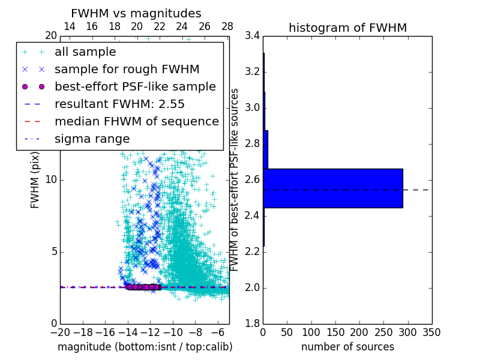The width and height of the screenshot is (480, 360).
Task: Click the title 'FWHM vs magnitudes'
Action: pos(136,13)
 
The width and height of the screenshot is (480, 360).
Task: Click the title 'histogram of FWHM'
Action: pos(347,28)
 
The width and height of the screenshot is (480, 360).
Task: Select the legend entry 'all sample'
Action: pos(85,52)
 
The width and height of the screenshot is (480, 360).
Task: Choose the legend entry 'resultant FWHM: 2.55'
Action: pos(119,104)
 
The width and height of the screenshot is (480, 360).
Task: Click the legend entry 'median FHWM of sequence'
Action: pos(137,121)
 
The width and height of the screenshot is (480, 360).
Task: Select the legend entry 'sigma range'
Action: pos(92,139)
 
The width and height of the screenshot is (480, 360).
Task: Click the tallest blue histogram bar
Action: pos(333,188)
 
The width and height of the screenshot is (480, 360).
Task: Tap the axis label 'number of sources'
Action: pos(347,347)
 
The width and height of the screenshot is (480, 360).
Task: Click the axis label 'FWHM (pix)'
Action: pos(35,179)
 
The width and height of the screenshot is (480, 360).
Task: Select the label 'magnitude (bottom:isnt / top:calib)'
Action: pos(145,347)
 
